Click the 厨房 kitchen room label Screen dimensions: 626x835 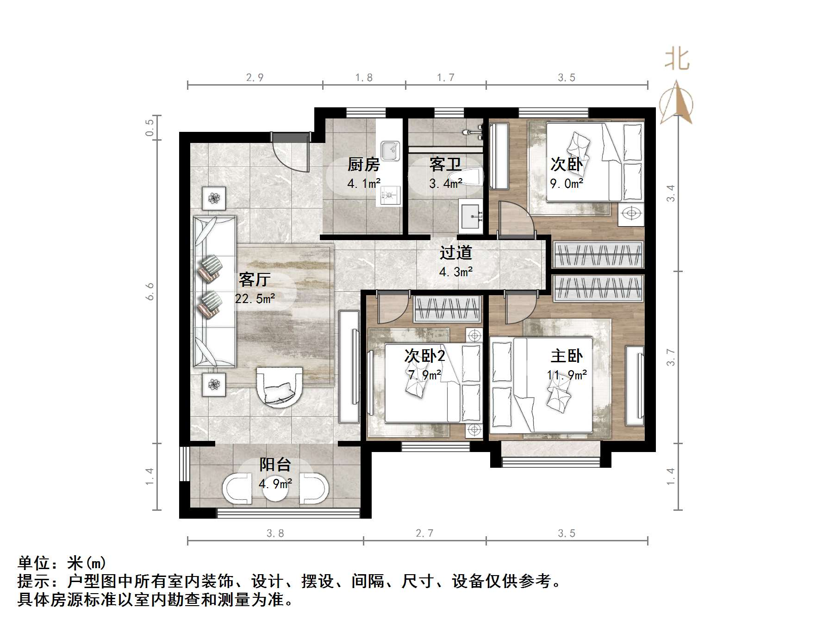click(x=363, y=164)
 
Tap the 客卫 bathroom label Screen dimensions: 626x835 click(x=445, y=164)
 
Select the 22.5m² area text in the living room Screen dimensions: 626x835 click(x=255, y=299)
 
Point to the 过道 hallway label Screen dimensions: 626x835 click(x=455, y=253)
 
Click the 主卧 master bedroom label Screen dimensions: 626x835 click(x=567, y=356)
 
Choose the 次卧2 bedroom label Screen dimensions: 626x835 click(x=424, y=356)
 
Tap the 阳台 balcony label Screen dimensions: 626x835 click(x=275, y=465)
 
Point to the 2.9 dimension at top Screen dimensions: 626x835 click(x=255, y=78)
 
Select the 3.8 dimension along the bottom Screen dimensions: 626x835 click(x=275, y=533)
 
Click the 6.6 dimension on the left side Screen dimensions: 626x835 click(x=150, y=291)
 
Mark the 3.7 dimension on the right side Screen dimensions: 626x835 click(x=671, y=357)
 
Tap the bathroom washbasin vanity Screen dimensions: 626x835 click(x=471, y=216)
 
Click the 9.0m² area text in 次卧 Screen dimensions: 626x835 click(x=566, y=184)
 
